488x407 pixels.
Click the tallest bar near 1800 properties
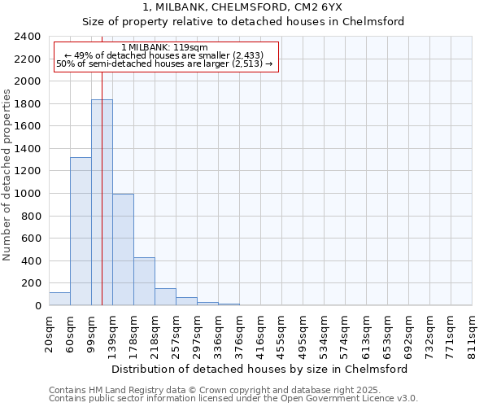(102, 203)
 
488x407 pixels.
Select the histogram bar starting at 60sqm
(81, 231)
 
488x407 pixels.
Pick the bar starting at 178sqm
(144, 282)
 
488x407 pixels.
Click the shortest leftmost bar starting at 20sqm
(59, 299)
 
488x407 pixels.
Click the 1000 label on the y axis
(28, 194)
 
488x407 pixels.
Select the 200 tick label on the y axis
(31, 283)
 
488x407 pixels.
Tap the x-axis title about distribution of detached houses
(260, 369)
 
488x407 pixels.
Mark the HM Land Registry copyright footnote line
(232, 390)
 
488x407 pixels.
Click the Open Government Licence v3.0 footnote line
(233, 398)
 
